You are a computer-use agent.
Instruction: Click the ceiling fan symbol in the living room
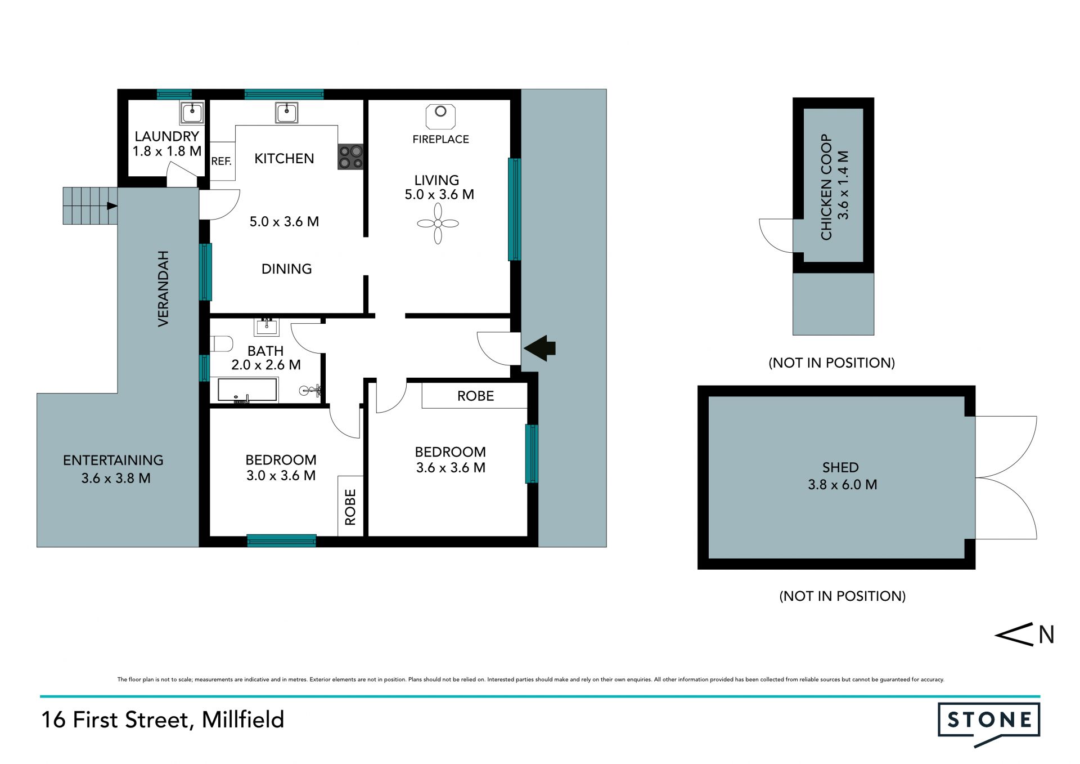tap(438, 224)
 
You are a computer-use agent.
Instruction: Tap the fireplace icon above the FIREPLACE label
tap(440, 117)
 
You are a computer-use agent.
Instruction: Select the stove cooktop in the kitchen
tap(350, 157)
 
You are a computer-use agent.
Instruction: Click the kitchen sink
tap(286, 112)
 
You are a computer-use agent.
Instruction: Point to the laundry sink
tap(192, 113)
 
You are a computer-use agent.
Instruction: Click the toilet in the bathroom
tap(222, 343)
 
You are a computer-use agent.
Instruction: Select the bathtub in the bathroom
tap(247, 390)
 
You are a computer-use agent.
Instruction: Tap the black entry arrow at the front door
tap(539, 348)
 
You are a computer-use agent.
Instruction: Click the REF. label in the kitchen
tap(221, 162)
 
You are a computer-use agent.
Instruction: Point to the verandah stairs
tap(90, 205)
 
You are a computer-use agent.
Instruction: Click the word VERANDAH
tap(163, 288)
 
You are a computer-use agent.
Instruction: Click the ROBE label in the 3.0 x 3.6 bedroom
tap(350, 507)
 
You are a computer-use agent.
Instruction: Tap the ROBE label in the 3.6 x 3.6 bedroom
tap(475, 396)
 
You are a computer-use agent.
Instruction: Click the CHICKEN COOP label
tap(826, 187)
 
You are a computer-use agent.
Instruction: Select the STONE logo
tap(989, 724)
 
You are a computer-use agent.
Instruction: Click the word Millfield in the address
tap(243, 720)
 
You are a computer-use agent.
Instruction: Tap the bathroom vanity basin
tap(267, 327)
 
